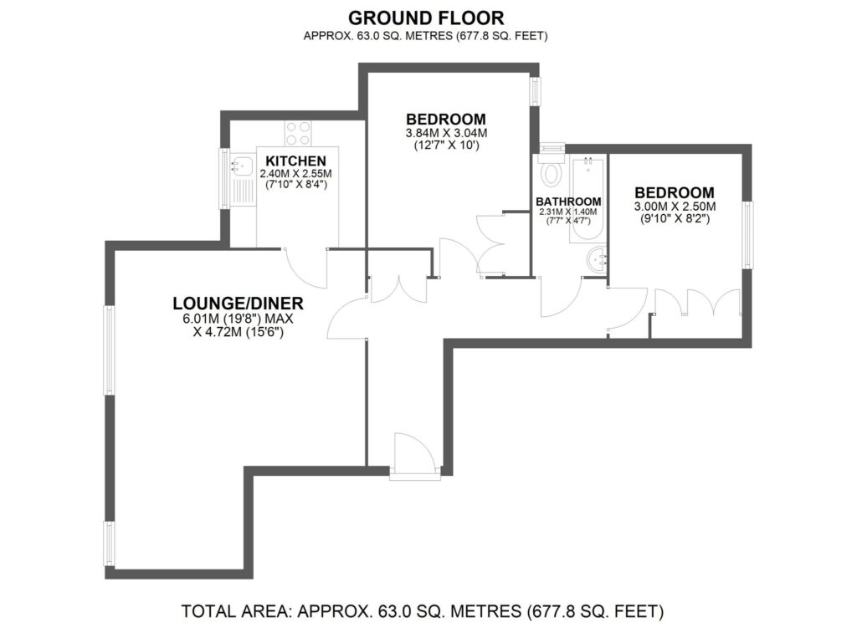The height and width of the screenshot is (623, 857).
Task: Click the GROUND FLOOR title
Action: (428, 17)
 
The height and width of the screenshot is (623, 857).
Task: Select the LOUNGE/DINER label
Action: (238, 303)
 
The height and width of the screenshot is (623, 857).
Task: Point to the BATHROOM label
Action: (568, 202)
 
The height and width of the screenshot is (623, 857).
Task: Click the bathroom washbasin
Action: (597, 258)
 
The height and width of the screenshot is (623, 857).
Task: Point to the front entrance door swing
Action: (413, 457)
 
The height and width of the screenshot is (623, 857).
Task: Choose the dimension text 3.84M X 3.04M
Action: (446, 133)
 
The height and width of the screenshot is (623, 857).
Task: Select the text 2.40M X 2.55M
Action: (295, 174)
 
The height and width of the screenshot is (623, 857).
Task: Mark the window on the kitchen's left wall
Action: (223, 178)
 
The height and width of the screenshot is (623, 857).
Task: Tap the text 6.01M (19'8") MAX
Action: (238, 319)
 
